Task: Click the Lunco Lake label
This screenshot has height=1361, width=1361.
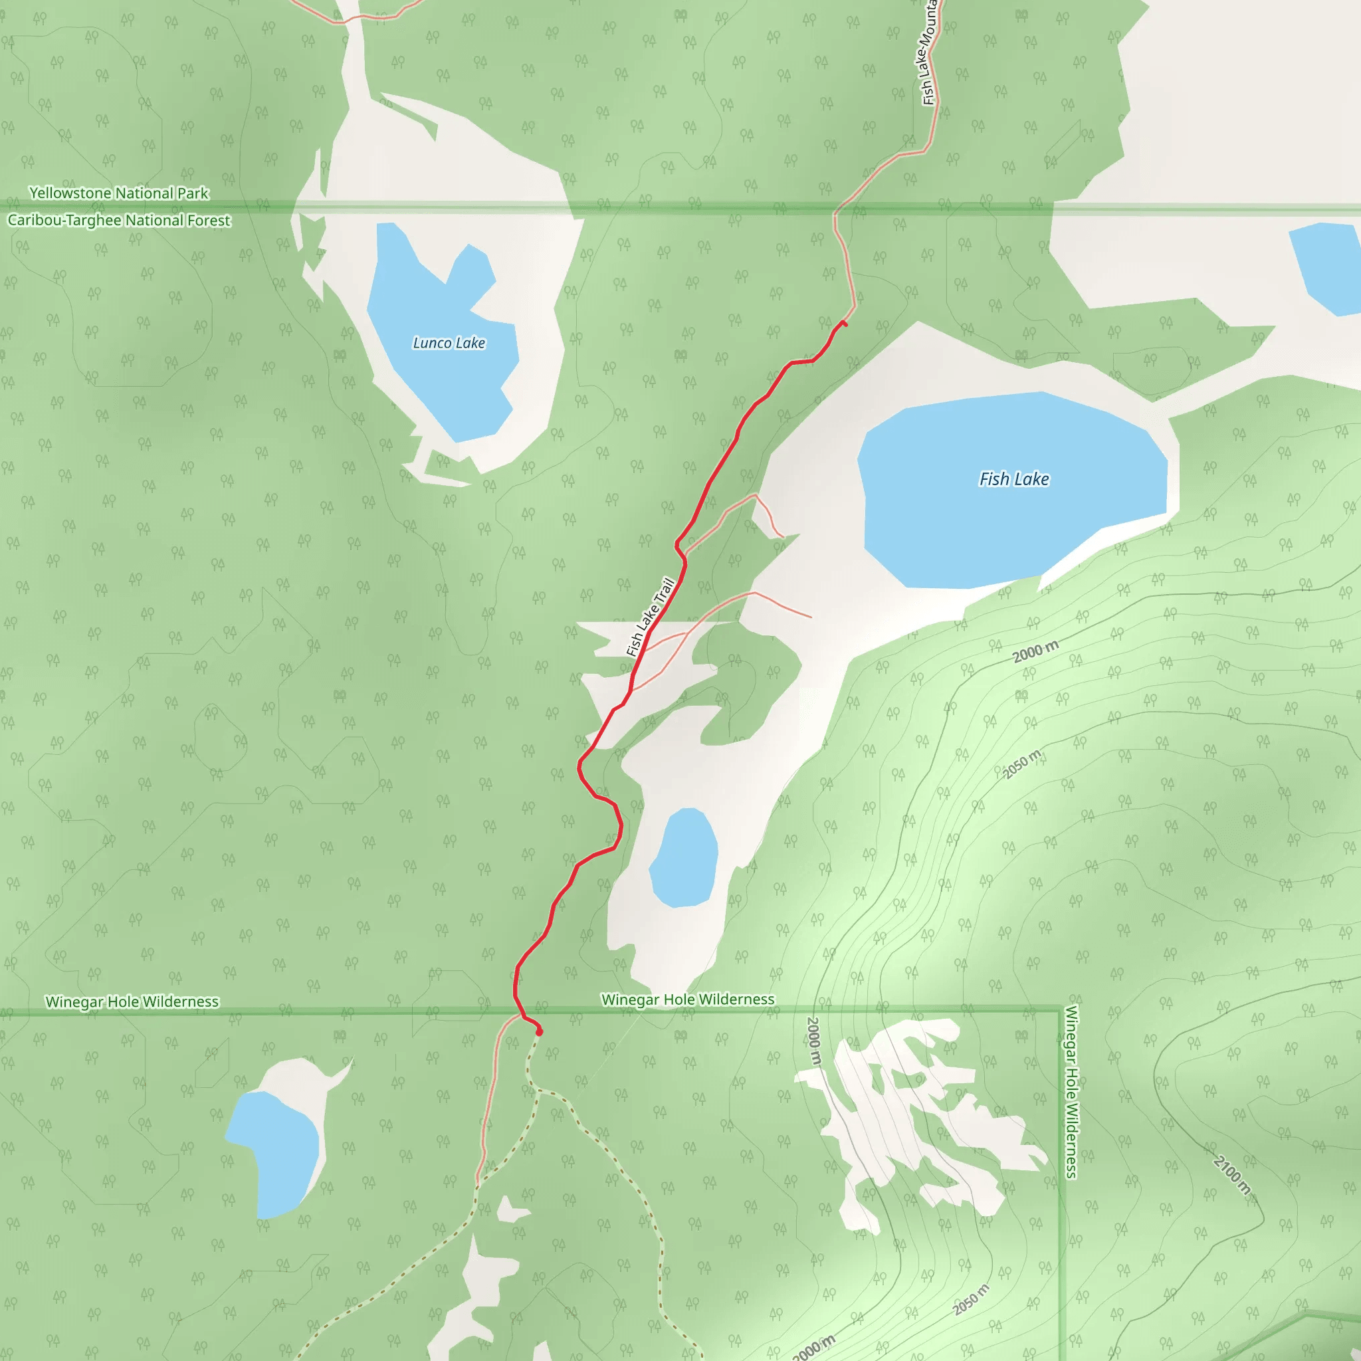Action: (x=449, y=343)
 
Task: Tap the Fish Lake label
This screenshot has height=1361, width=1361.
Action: (x=1013, y=479)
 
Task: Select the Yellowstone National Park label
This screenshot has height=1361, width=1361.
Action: (x=119, y=193)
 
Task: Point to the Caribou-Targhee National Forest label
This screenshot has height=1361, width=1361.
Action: (x=119, y=221)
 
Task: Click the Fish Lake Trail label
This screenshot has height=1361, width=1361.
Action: (x=651, y=617)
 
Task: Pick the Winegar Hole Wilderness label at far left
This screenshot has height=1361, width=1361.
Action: (x=132, y=1001)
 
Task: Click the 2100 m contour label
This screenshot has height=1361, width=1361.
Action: (x=1231, y=1176)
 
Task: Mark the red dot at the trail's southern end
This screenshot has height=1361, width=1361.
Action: (x=540, y=1032)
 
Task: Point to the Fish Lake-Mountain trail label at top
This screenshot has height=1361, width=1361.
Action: (x=928, y=53)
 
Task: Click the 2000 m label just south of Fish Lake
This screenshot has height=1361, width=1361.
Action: (x=1035, y=652)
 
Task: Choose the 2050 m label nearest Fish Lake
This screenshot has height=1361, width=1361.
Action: (x=1021, y=765)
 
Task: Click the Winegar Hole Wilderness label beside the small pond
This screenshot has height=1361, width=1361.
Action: (x=688, y=999)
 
